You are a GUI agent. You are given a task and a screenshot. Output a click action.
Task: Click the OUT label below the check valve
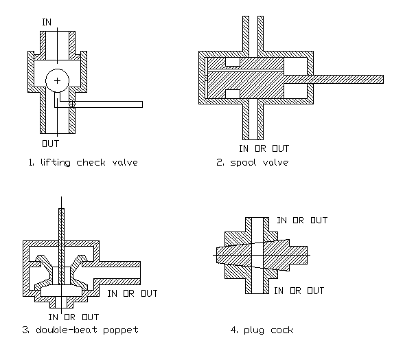[51, 144]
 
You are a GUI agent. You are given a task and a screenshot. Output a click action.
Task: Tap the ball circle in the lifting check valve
[57, 82]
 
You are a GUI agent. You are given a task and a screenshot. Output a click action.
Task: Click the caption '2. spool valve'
[250, 163]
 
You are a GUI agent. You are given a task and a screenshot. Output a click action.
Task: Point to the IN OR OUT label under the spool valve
[264, 148]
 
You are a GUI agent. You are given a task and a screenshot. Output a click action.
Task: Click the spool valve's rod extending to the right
[350, 78]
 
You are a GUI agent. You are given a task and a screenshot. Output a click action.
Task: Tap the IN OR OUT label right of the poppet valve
[133, 293]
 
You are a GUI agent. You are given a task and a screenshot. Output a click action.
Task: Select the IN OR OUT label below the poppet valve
[73, 317]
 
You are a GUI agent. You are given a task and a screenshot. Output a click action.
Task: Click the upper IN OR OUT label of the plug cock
[301, 221]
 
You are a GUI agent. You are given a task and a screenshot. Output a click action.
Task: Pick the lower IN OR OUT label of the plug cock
[299, 291]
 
